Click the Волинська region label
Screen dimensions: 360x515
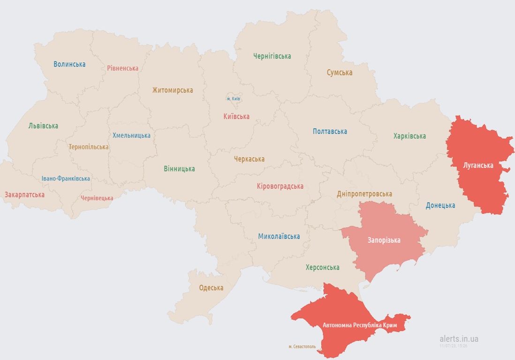pos(69,64)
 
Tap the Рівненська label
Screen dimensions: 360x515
pos(122,68)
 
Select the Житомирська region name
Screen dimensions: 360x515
pos(172,90)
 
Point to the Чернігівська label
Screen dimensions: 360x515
pos(272,56)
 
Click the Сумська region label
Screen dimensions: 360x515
pos(340,73)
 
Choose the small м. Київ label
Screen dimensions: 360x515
pos(234,99)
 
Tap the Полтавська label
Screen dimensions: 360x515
pos(330,131)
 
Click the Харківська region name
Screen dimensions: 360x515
pos(409,136)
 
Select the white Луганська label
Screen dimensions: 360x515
pos(478,165)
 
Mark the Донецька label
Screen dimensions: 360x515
pos(440,205)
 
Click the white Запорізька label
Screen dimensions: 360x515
pos(384,240)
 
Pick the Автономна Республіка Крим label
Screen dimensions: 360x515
pos(360,325)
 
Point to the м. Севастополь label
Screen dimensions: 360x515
pos(302,347)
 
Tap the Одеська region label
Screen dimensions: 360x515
pos(211,288)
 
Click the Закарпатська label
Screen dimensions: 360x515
pos(24,195)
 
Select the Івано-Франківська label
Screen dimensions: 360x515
pos(66,179)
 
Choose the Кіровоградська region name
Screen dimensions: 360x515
pos(280,186)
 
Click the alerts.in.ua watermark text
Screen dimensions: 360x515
pos(459,338)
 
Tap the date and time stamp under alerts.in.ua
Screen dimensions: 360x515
pos(453,346)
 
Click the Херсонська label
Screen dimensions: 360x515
pos(322,268)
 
